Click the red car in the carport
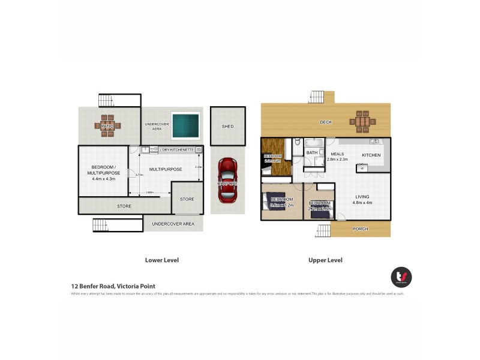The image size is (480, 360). [x=228, y=179]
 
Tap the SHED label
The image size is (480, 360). [x=227, y=127]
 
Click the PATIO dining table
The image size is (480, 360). [x=107, y=126]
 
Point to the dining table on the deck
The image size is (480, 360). [x=363, y=122]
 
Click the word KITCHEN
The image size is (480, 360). [x=371, y=155]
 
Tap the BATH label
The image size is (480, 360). [x=312, y=153]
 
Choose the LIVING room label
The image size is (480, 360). [x=362, y=197]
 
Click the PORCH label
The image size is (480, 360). [x=360, y=229]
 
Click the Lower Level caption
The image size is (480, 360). [x=162, y=260]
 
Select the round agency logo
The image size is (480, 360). [x=401, y=276]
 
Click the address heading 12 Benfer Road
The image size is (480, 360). [x=113, y=286]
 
